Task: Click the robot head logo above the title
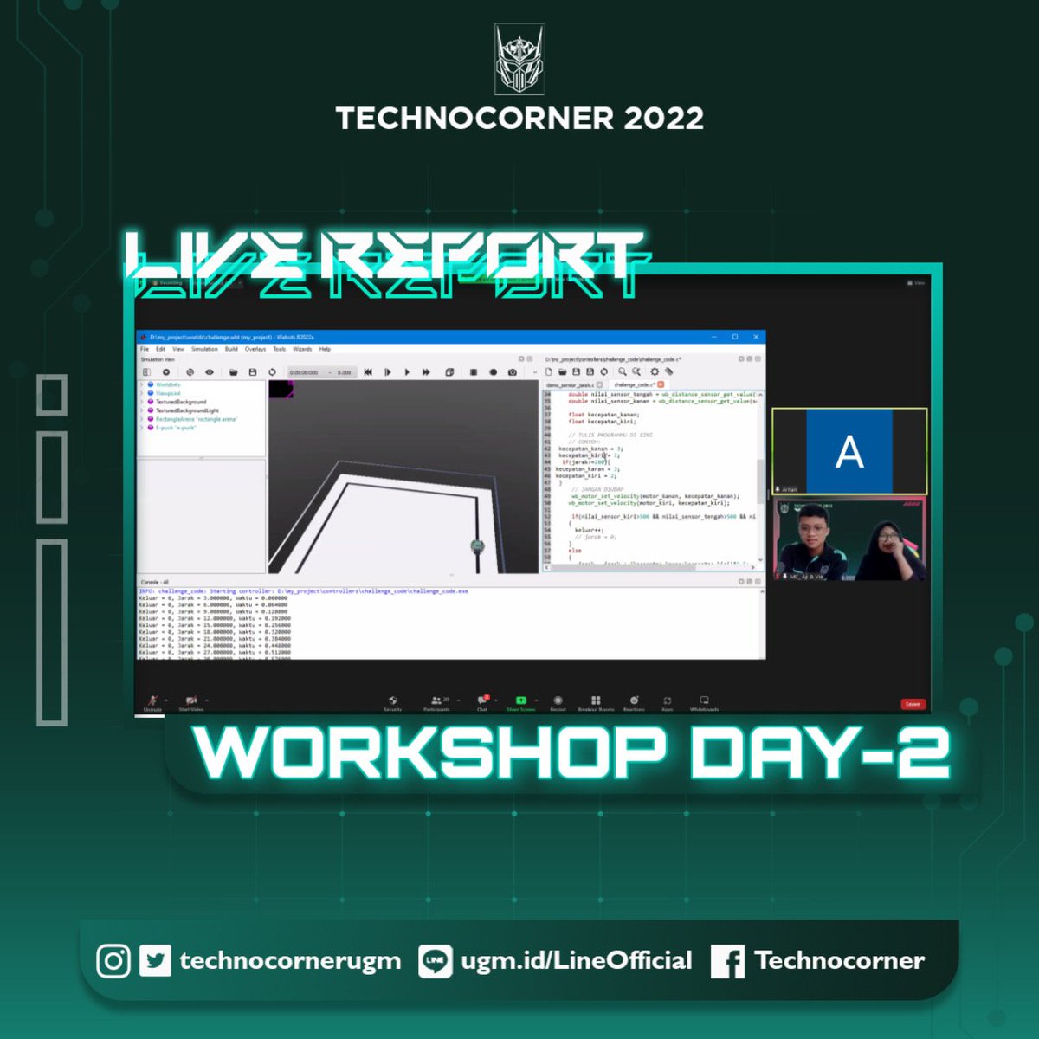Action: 519,59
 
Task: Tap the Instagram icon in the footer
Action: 113,961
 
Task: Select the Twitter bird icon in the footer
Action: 155,961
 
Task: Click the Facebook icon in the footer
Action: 727,962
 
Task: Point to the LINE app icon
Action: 435,961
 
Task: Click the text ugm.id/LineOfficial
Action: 577,960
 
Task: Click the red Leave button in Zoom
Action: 912,704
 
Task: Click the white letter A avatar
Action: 849,451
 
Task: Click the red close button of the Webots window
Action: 756,337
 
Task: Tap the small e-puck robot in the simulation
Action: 476,546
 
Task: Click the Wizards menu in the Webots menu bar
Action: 302,349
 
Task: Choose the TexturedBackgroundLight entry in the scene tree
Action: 187,410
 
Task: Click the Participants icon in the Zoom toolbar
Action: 436,700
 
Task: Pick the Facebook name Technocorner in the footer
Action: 839,960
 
